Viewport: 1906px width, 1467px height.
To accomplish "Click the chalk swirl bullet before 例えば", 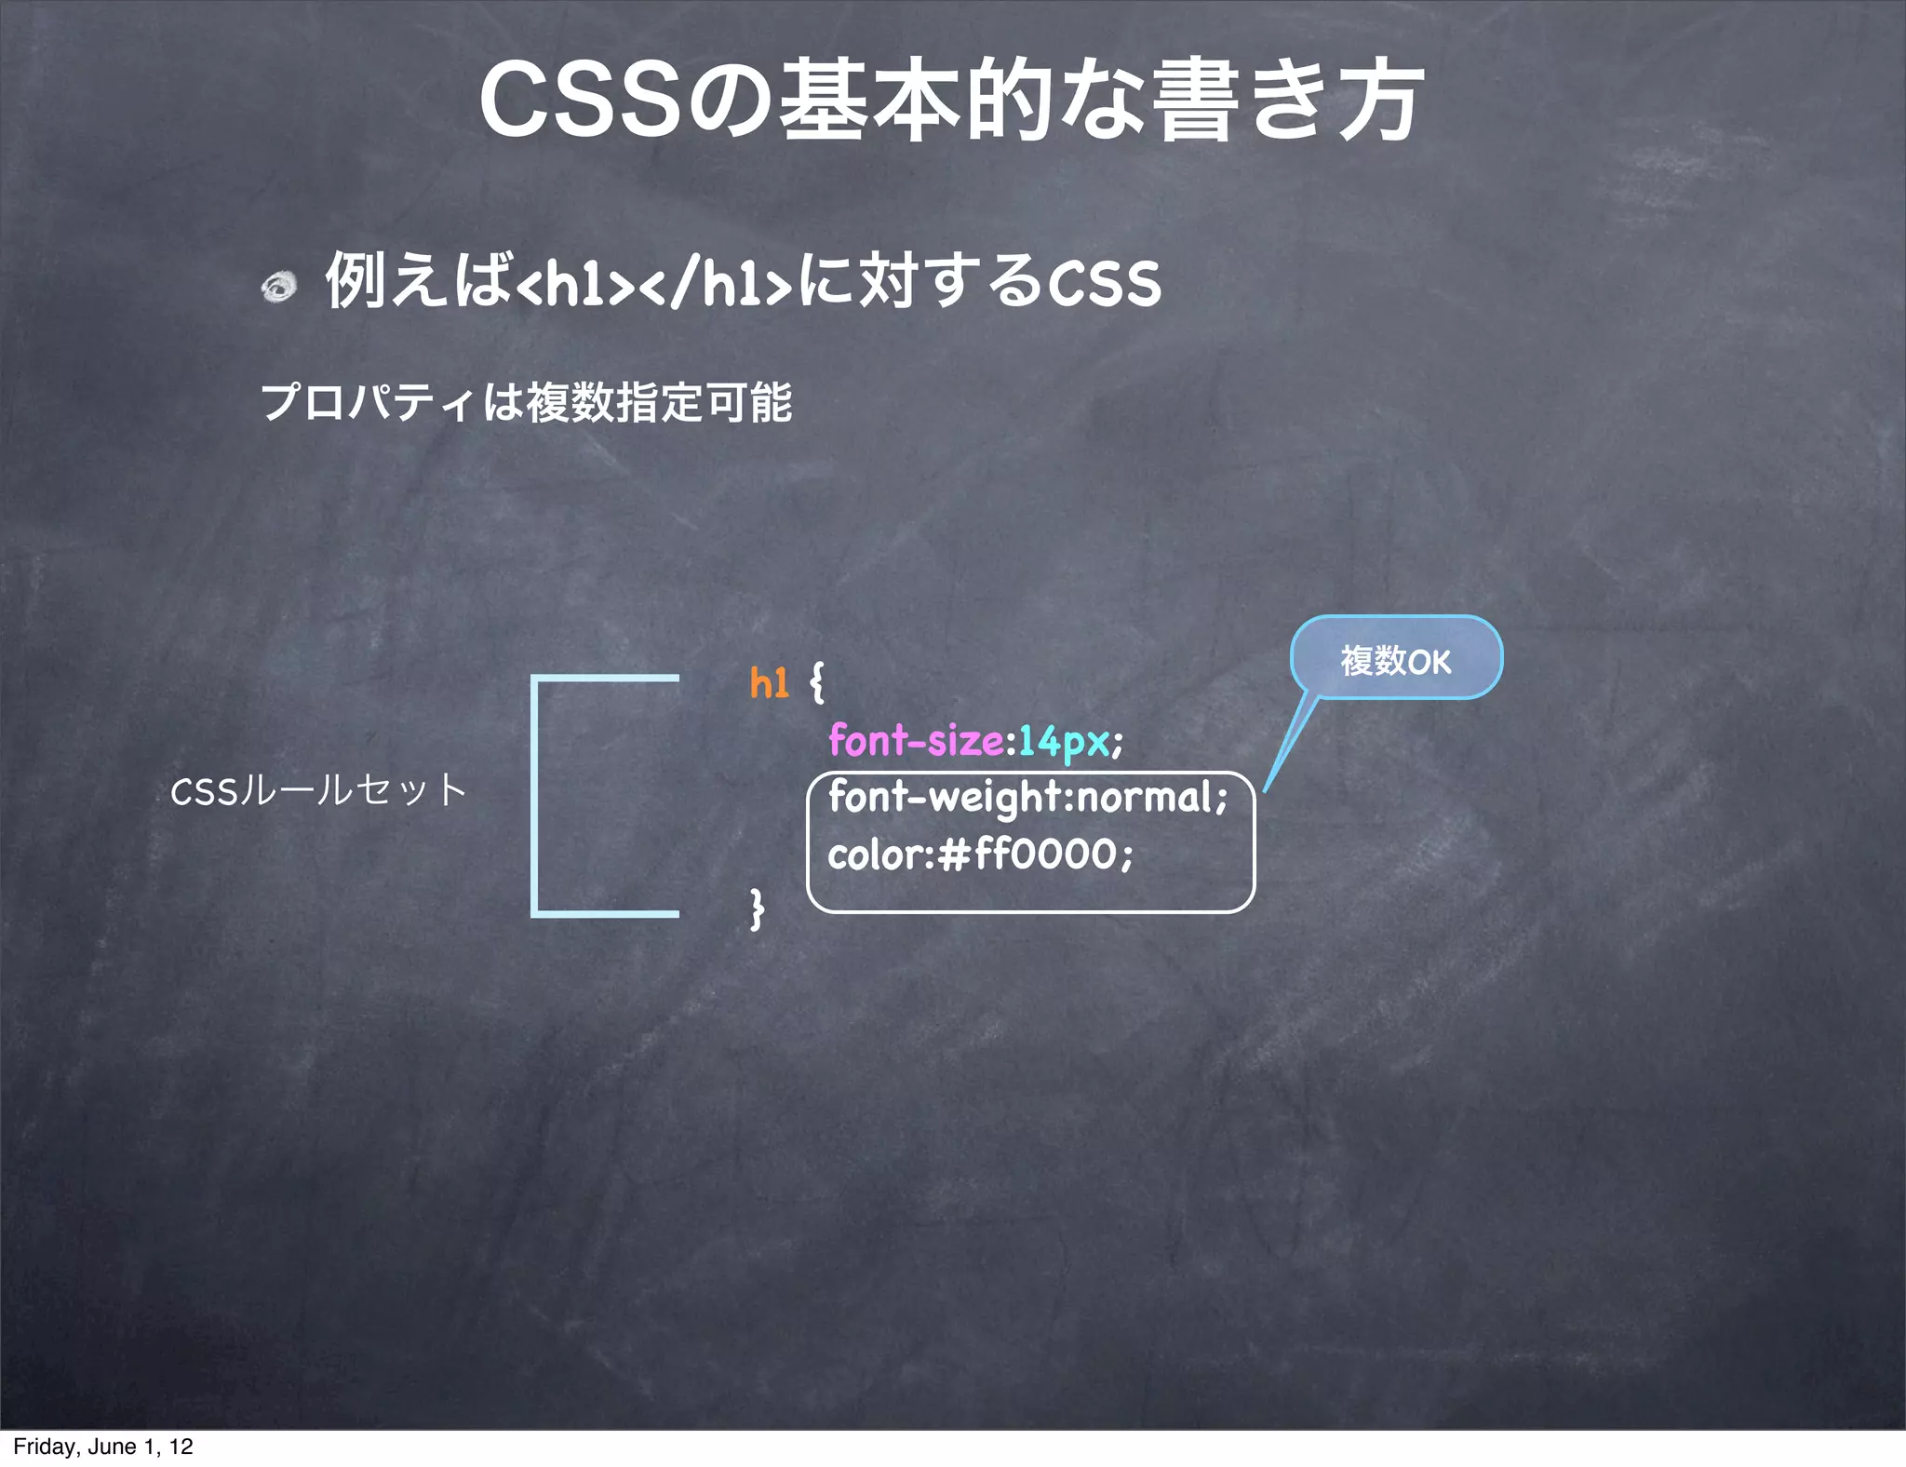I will [277, 286].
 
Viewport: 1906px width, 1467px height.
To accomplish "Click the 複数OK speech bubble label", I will [1395, 661].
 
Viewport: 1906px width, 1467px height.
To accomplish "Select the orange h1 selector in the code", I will [769, 683].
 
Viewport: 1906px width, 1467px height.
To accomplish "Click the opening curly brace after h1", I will [816, 683].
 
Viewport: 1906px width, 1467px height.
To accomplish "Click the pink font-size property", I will [916, 741].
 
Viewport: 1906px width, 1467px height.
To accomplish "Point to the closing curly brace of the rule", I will [758, 908].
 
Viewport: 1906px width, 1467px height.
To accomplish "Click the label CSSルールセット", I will [317, 791].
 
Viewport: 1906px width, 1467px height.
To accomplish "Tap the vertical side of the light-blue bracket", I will [535, 796].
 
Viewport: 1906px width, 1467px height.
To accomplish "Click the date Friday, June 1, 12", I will [103, 1447].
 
